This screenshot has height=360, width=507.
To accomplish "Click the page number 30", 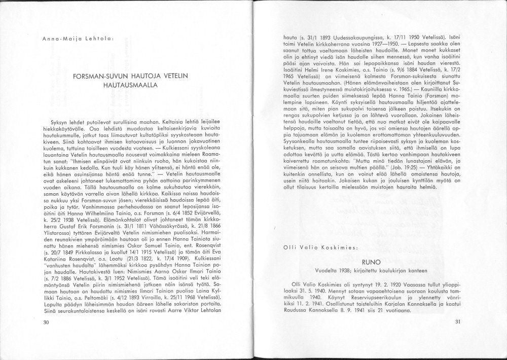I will point(46,321).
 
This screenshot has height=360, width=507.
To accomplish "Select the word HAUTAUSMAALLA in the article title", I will point(131,86).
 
